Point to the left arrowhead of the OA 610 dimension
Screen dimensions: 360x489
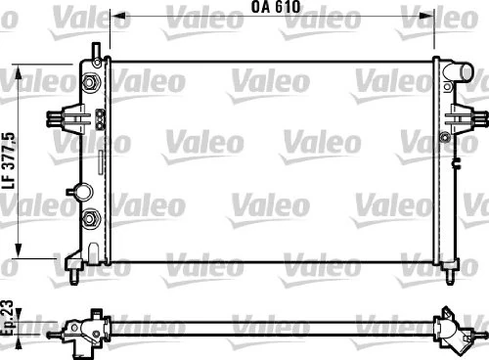114,17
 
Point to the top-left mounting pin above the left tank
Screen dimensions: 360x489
94,49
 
